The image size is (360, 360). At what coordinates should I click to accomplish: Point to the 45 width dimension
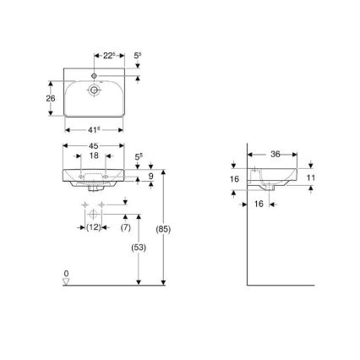tap(94, 146)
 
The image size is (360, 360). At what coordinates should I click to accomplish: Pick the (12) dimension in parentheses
tap(94, 226)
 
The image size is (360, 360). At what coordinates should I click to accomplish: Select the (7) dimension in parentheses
tap(125, 226)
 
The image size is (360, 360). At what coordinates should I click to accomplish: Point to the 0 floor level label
tap(66, 274)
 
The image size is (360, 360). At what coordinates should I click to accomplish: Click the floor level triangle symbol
tap(66, 282)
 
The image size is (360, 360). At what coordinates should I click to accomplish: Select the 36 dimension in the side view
tap(274, 154)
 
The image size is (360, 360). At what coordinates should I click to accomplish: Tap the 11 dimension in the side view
tap(310, 177)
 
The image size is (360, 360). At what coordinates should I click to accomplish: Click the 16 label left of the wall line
tap(235, 179)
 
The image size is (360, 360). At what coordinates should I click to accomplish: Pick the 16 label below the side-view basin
tap(259, 204)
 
